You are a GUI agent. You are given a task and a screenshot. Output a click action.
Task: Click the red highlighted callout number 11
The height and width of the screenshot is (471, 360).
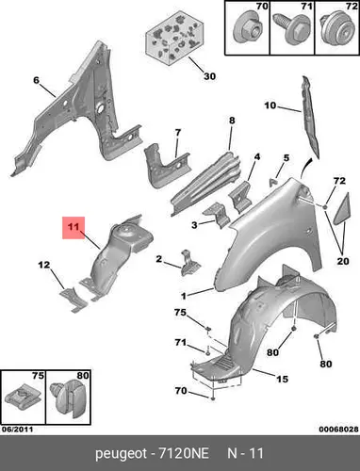pyautogui.click(x=74, y=226)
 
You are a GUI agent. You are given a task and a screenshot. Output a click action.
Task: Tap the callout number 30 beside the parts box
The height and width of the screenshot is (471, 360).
pyautogui.click(x=209, y=76)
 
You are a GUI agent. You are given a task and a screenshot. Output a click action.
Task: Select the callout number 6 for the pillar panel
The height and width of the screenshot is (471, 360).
pyautogui.click(x=36, y=80)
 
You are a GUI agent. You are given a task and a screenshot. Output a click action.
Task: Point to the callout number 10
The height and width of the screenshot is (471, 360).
pyautogui.click(x=270, y=106)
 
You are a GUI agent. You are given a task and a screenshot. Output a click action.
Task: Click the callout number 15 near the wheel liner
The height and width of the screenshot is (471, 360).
pyautogui.click(x=282, y=379)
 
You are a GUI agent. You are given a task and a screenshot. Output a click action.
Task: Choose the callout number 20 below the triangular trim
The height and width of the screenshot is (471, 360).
pyautogui.click(x=343, y=261)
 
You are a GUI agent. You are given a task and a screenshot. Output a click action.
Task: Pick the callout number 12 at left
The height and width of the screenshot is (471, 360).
pyautogui.click(x=44, y=265)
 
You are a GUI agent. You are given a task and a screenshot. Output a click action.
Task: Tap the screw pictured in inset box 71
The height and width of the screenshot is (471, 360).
pyautogui.click(x=290, y=27)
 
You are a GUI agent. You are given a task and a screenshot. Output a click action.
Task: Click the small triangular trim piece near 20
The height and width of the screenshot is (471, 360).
pyautogui.click(x=341, y=208)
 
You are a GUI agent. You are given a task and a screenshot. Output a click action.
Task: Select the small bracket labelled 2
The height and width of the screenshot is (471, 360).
pyautogui.click(x=189, y=263)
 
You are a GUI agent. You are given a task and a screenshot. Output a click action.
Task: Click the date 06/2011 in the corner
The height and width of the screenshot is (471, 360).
pyautogui.click(x=17, y=430)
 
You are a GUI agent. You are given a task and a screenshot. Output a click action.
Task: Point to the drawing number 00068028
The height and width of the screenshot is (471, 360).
pyautogui.click(x=338, y=430)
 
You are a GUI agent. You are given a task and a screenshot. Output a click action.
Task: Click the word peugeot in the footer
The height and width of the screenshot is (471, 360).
pyautogui.click(x=121, y=454)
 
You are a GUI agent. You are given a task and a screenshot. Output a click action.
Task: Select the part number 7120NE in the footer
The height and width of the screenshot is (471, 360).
pyautogui.click(x=184, y=453)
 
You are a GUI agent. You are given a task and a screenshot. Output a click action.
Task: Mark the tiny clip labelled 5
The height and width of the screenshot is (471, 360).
pyautogui.click(x=273, y=182)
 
